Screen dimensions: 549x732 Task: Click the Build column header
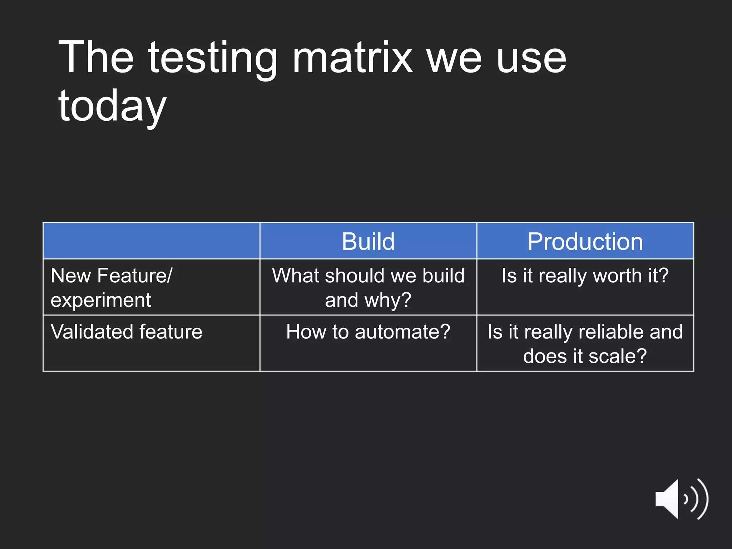pos(368,241)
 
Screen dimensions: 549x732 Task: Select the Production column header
pos(585,241)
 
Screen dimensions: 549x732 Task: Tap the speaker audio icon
pos(681,499)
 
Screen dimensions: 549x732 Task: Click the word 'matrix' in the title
pos(352,57)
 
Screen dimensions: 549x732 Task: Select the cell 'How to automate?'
pos(368,332)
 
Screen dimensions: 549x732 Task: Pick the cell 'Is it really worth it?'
pos(585,276)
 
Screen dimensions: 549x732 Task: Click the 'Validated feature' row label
pos(127,332)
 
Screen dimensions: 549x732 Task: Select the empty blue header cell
pos(151,241)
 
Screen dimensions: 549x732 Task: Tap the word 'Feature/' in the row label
pos(135,276)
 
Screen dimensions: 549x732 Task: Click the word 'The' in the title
pos(96,57)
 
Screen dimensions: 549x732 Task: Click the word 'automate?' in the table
pos(402,332)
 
